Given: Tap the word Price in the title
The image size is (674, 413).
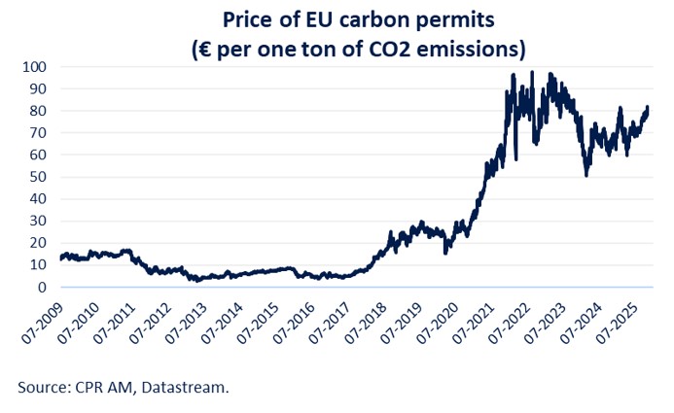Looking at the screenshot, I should click(x=248, y=19).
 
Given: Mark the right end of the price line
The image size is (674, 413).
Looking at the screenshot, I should click(x=649, y=108).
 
